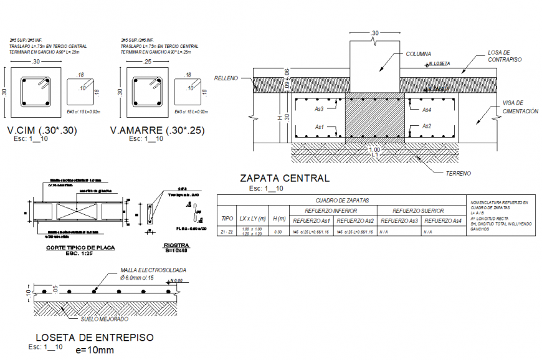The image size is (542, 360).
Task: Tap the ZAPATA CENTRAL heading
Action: point(284,179)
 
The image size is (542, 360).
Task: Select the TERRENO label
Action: point(458,173)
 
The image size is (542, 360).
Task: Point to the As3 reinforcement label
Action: point(320,110)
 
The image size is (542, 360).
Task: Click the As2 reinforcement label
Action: point(427,126)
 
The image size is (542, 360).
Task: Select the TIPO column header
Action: point(228,219)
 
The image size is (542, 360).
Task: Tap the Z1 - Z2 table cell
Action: point(228,232)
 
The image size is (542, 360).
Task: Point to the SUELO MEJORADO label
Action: point(105,319)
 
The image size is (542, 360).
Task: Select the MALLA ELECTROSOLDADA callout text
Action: point(154,270)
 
